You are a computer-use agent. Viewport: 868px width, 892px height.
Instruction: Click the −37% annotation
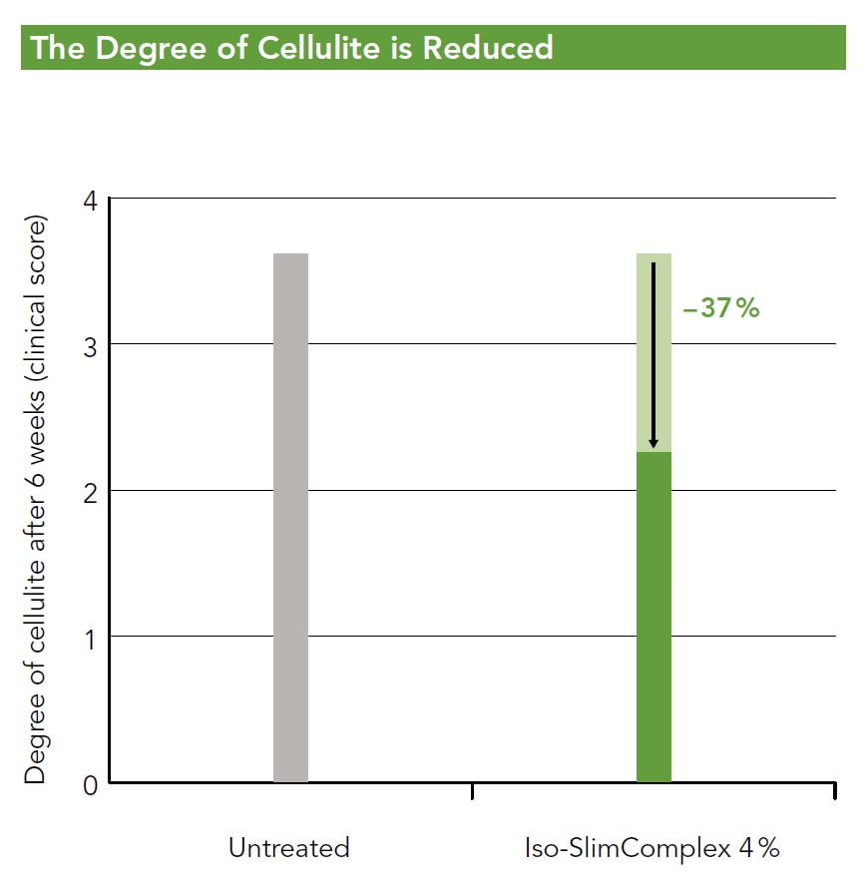click(x=721, y=308)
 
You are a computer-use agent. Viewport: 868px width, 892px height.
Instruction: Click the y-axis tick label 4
click(x=90, y=200)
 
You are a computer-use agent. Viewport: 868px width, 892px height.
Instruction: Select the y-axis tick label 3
click(x=90, y=345)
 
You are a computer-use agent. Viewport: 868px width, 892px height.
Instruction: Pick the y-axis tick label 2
click(x=90, y=491)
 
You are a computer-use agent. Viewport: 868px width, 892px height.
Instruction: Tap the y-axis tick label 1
click(x=90, y=637)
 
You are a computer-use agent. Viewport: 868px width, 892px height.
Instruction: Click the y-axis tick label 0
click(x=90, y=783)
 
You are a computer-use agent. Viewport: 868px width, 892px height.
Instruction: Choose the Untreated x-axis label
click(x=289, y=848)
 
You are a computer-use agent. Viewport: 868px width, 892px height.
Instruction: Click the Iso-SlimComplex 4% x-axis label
click(x=651, y=848)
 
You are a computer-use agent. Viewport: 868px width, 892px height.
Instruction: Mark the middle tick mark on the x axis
click(x=471, y=791)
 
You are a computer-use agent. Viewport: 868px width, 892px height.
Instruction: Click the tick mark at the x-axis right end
click(x=834, y=791)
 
